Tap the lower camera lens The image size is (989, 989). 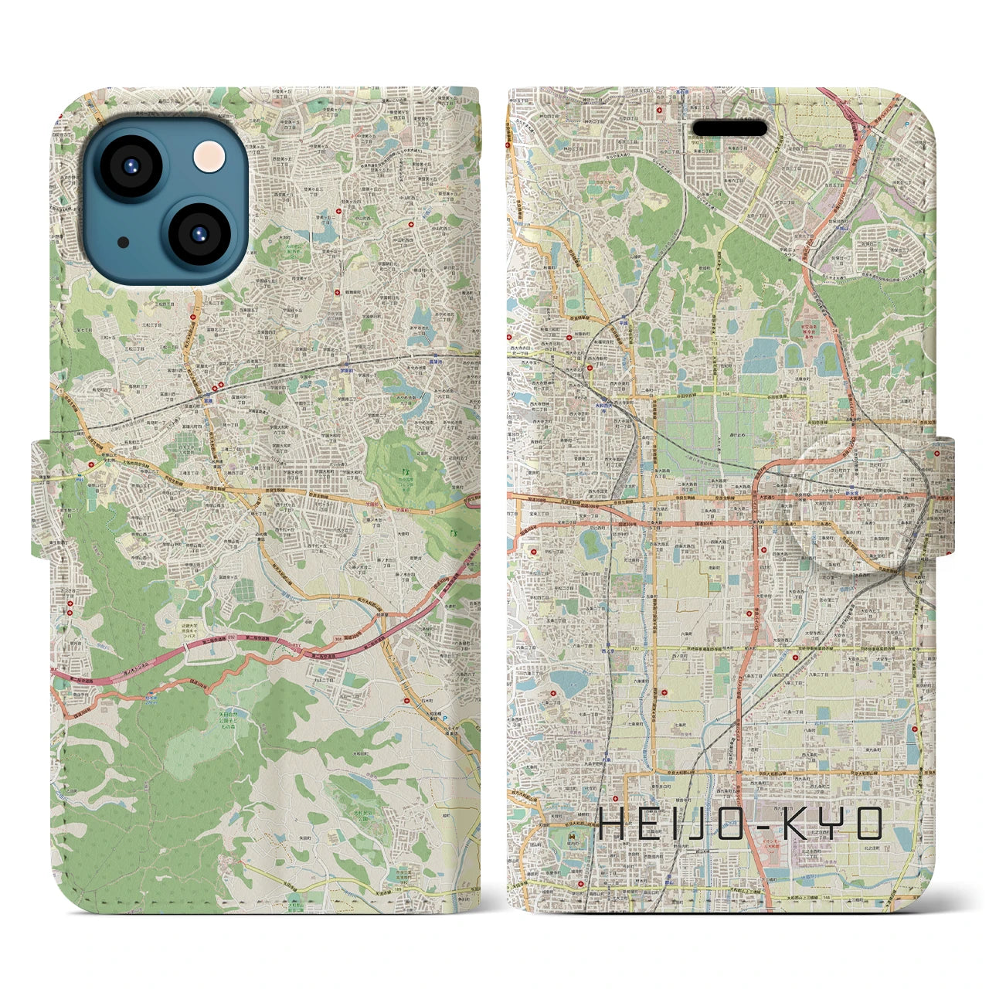point(198,234)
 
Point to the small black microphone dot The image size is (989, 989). point(124,243)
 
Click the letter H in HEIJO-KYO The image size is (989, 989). point(613,824)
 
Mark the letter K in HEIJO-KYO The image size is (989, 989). point(799,824)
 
